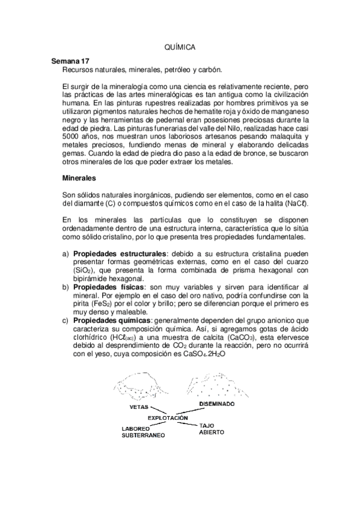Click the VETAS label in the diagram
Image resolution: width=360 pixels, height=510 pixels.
pos(139,407)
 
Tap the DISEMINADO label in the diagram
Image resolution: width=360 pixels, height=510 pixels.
pos(216,404)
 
